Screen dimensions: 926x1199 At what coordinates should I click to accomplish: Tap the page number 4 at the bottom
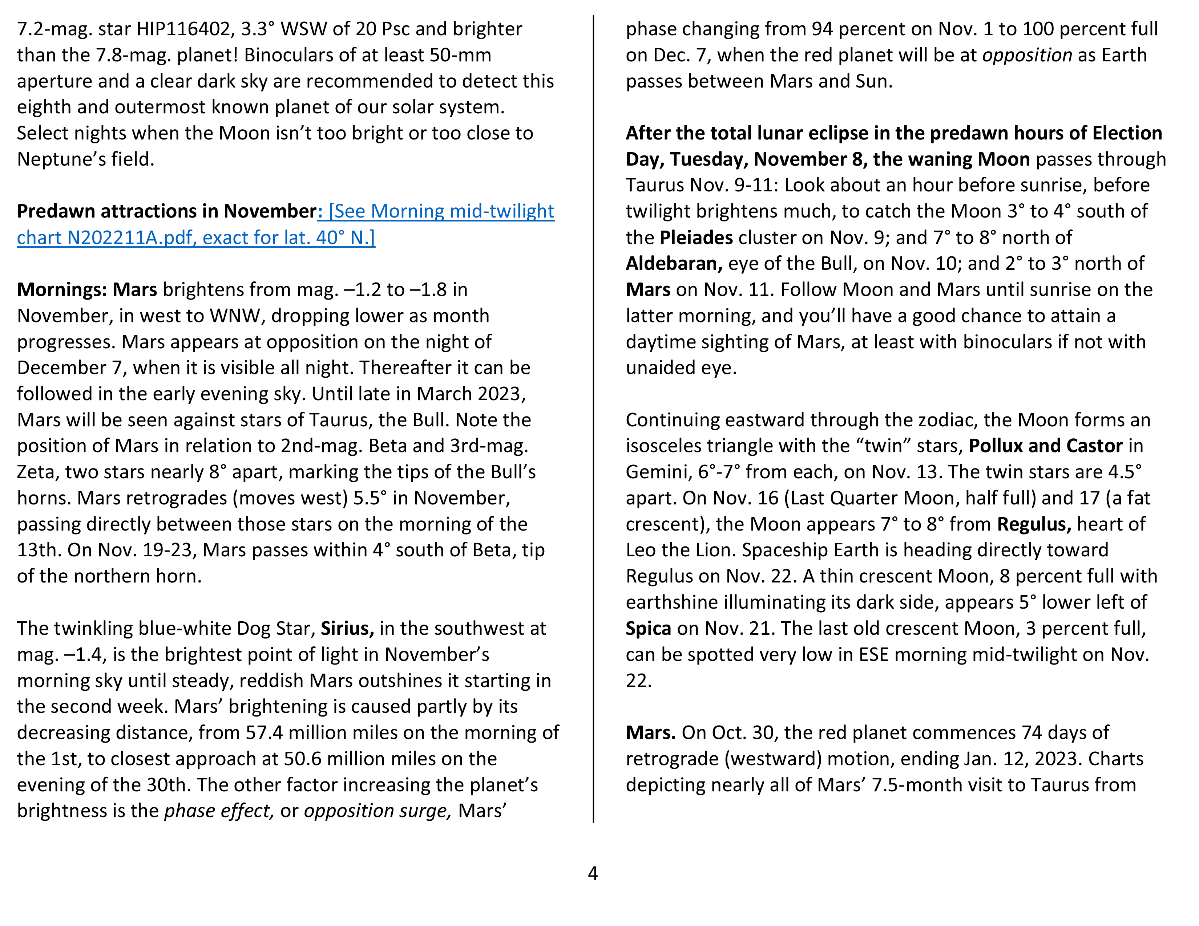pyautogui.click(x=593, y=873)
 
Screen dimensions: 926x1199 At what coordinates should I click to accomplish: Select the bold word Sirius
pyautogui.click(x=347, y=629)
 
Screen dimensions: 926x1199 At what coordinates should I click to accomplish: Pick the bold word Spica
pyautogui.click(x=648, y=629)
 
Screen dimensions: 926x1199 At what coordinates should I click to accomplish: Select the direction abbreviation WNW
pyautogui.click(x=235, y=316)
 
